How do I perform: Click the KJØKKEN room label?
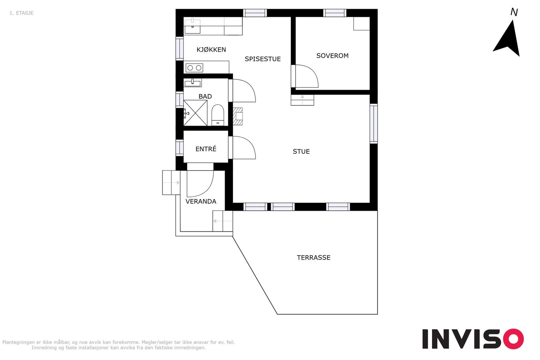(x=211, y=50)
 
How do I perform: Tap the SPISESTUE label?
(x=263, y=59)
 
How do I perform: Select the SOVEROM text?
(x=332, y=56)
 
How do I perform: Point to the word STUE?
(x=301, y=152)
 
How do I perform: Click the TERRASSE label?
(x=314, y=258)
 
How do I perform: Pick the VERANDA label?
(x=201, y=202)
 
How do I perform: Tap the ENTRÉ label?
(x=206, y=149)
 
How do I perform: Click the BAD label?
(x=205, y=97)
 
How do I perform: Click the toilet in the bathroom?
(x=218, y=115)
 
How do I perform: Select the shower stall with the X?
(x=195, y=113)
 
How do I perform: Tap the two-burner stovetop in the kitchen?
(x=194, y=68)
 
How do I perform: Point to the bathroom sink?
(x=193, y=83)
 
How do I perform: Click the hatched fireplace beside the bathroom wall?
(x=238, y=116)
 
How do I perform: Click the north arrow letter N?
(x=514, y=12)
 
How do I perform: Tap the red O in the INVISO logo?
(x=513, y=339)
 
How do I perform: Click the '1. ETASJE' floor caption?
(x=22, y=13)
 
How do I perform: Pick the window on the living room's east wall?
(x=374, y=124)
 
